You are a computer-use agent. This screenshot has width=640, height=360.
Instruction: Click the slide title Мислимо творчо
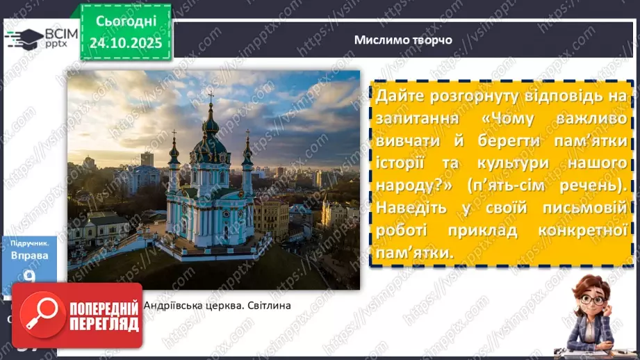click(403, 40)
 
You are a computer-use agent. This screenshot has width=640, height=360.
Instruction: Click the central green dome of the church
click(211, 129)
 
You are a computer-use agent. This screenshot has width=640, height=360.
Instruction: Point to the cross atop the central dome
click(211, 97)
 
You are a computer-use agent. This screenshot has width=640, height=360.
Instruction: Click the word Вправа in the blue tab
click(29, 255)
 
